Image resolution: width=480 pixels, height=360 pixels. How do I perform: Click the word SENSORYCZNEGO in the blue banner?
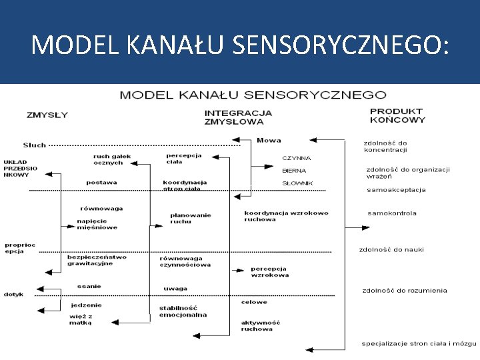click(339, 45)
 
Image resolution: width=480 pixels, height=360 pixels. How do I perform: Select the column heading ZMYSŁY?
click(47, 115)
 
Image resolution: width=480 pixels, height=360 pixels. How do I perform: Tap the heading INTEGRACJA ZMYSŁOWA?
click(238, 117)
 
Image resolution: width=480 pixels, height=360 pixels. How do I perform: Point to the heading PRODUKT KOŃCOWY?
click(397, 116)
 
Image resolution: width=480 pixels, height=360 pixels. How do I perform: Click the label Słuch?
click(35, 145)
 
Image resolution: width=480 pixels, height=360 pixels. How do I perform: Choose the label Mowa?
click(269, 141)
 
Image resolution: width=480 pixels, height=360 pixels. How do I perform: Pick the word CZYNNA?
click(296, 158)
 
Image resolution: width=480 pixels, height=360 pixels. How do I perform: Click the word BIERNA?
click(294, 171)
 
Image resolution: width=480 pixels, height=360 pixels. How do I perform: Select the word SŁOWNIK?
click(297, 183)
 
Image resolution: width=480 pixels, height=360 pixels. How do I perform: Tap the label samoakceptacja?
click(396, 190)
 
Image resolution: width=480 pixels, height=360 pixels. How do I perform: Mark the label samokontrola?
click(392, 213)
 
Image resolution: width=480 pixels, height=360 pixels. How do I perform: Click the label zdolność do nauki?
click(391, 250)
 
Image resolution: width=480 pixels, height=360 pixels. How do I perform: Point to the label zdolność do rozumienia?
click(405, 291)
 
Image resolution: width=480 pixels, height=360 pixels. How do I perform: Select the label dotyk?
click(13, 294)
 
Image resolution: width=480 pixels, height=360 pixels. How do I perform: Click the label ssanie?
click(89, 286)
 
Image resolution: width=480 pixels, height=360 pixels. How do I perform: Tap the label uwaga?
click(175, 289)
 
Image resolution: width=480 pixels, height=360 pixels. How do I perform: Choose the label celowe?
click(254, 302)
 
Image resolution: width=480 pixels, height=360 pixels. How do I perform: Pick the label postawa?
click(101, 183)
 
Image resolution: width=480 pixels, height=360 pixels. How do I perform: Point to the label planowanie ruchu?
click(190, 218)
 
